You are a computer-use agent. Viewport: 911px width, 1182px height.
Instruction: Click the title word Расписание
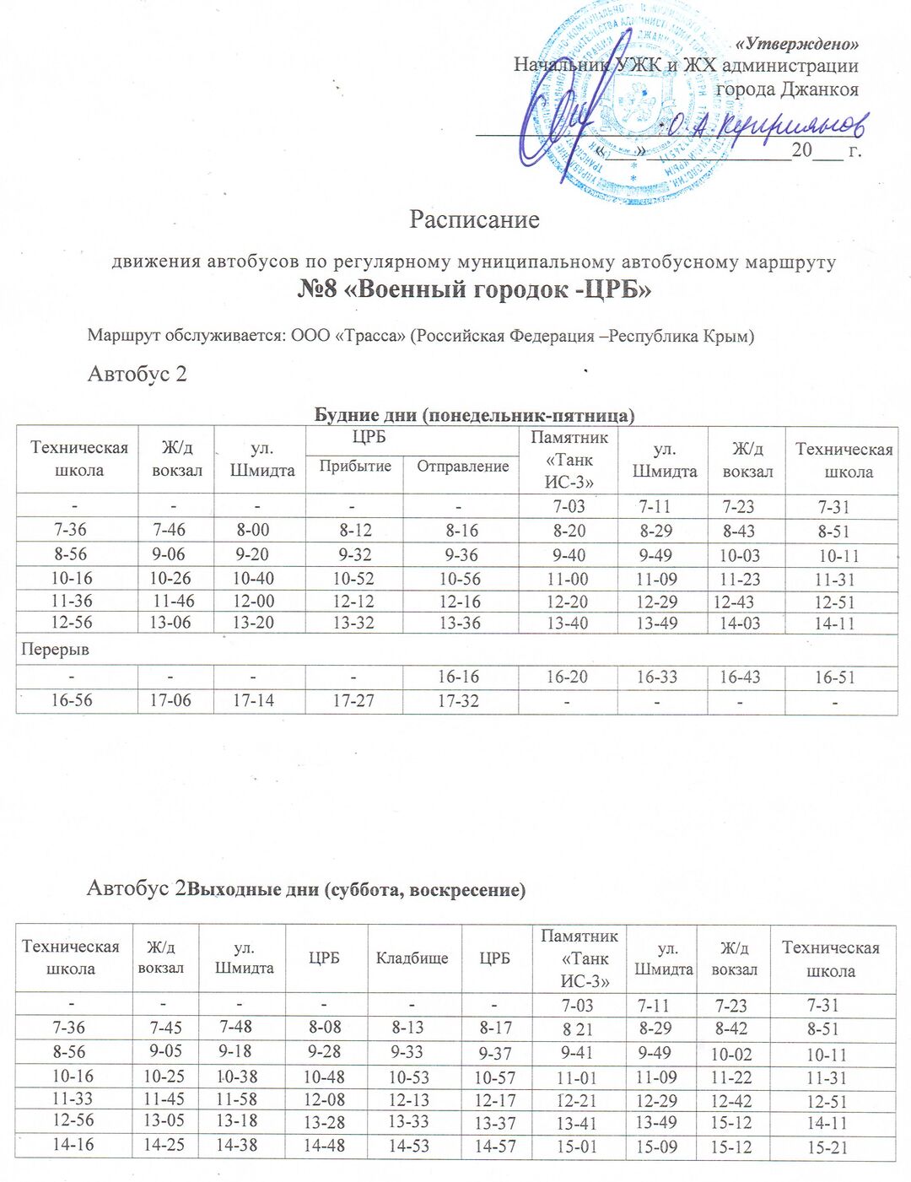click(x=474, y=219)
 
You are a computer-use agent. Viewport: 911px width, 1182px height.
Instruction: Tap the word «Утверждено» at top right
click(x=797, y=44)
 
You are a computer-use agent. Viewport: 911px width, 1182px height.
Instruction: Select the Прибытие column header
click(x=354, y=467)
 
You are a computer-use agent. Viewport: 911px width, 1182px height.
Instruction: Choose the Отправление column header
click(x=462, y=467)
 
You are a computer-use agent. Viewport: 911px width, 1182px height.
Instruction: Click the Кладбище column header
click(x=412, y=958)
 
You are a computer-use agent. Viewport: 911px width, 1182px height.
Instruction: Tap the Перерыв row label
click(x=55, y=650)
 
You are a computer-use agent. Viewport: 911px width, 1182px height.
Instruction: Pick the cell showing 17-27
click(x=353, y=701)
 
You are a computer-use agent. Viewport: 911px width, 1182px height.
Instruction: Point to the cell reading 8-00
click(x=254, y=531)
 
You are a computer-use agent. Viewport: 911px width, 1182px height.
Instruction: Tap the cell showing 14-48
click(x=324, y=1146)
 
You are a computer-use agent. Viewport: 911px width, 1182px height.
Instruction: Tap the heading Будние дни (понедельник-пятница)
click(x=474, y=415)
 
